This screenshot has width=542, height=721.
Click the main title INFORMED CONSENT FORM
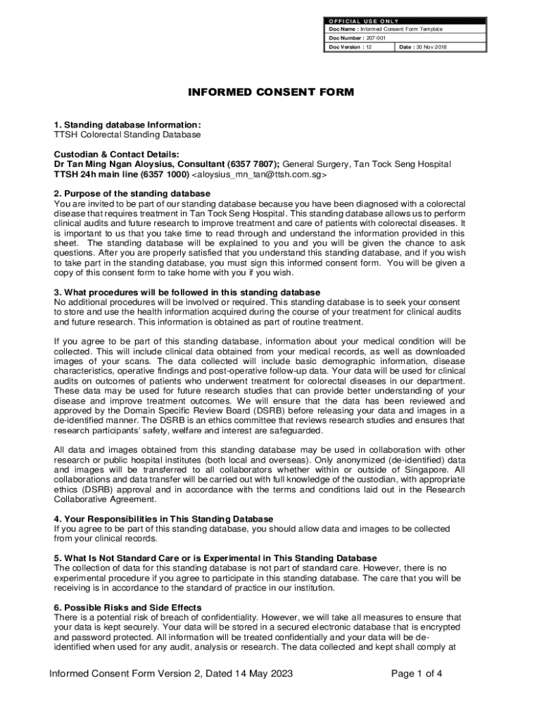tap(271, 92)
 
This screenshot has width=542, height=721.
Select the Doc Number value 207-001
tap(374, 38)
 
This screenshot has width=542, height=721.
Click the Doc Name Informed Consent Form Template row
tap(386, 29)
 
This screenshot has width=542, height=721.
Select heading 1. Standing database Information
tap(127, 125)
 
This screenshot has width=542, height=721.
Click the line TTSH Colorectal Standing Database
tap(127, 134)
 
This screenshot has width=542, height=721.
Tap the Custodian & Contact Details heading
tap(117, 154)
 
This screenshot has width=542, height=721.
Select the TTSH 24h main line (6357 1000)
tap(121, 174)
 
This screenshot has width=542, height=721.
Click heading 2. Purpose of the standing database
tap(132, 194)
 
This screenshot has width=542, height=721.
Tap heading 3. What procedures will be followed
tap(187, 292)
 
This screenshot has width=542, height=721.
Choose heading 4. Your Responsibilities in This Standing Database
tap(163, 519)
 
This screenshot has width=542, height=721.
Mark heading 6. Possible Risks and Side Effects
tap(128, 608)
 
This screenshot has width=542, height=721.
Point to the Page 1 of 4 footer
tap(417, 674)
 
